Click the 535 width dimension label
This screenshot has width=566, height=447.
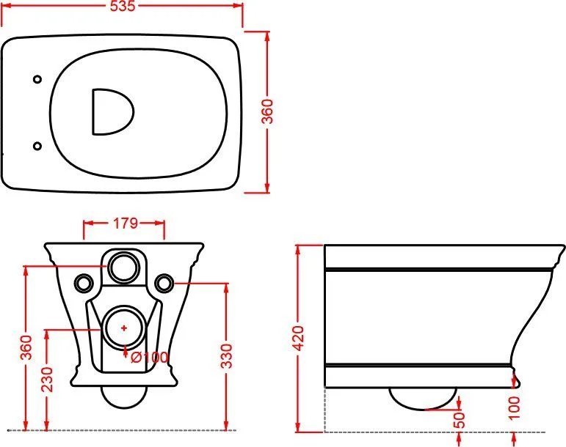(x=123, y=6)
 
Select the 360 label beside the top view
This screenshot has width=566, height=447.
(x=267, y=111)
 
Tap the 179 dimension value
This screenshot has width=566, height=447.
(x=126, y=223)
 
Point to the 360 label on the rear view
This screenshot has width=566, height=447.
(x=26, y=347)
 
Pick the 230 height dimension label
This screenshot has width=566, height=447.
(x=47, y=380)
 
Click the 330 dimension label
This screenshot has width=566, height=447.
(x=227, y=356)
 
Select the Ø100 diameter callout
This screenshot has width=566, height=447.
(x=150, y=358)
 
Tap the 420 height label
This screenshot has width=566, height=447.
(x=299, y=338)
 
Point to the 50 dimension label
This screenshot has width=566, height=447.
(x=459, y=420)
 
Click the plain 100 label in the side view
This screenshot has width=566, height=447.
(x=514, y=407)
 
